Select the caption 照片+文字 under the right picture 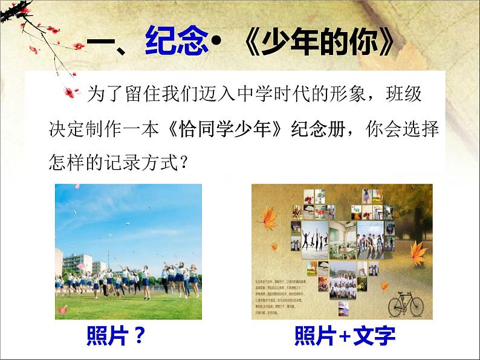[344, 335]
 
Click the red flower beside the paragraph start [72, 92]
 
